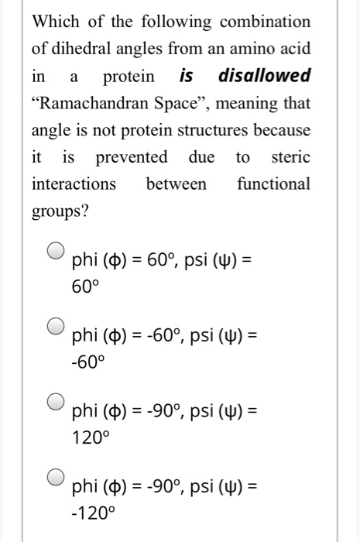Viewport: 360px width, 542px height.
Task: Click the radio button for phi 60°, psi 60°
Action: coord(56,251)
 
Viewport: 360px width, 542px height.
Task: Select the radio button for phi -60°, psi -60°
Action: coord(56,326)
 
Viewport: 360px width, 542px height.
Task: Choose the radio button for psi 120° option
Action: coord(56,401)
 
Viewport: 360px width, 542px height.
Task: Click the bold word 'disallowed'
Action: coord(265,75)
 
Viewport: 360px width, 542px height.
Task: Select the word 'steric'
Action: coord(291,156)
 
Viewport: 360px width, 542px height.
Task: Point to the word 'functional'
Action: coord(273,184)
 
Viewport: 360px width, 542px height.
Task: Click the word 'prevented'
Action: coord(131,156)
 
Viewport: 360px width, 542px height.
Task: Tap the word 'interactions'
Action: coord(74,184)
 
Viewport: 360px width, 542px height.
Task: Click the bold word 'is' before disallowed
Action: coord(187,75)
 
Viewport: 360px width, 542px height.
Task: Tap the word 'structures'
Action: coord(215,129)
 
